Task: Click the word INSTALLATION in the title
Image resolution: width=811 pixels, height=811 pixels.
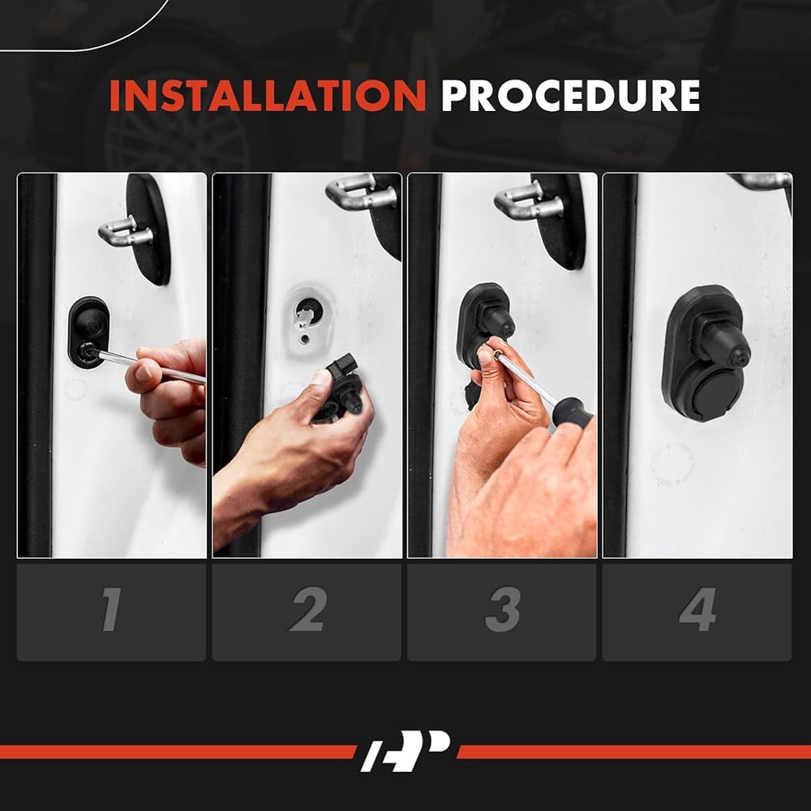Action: tap(268, 96)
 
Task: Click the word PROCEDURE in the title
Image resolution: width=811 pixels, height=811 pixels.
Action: tap(570, 96)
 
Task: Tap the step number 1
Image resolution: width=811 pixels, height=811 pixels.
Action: tap(111, 609)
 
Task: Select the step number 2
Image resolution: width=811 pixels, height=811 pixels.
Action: tap(307, 609)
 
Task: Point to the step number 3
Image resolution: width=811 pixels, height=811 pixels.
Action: tap(502, 609)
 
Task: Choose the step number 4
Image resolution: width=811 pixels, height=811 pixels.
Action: tap(697, 609)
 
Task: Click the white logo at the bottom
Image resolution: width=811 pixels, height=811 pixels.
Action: tap(405, 751)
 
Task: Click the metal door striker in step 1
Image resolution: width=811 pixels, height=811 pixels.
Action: tap(126, 231)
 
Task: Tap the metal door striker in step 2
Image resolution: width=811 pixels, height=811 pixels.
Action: tap(361, 192)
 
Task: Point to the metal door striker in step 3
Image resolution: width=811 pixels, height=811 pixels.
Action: tap(529, 200)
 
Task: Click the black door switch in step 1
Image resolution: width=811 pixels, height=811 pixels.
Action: tap(88, 332)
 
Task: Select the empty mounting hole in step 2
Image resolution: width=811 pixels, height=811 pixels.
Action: tap(310, 310)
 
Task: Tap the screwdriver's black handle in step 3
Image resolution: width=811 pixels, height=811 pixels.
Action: tap(573, 411)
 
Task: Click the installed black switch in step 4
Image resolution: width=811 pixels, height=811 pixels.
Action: tap(706, 353)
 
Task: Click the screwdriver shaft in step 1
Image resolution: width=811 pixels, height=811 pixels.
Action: tap(150, 367)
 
